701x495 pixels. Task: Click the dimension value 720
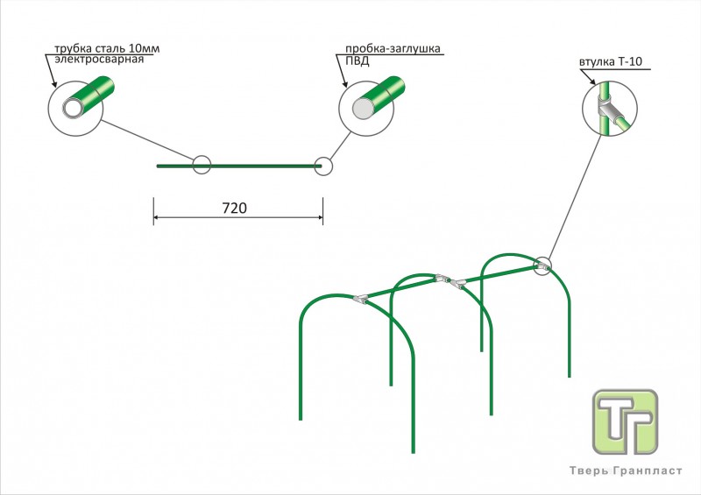[234, 208]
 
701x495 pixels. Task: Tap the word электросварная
[99, 60]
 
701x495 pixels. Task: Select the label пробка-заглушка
[393, 48]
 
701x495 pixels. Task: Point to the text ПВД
[358, 61]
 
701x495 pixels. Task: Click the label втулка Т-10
[611, 61]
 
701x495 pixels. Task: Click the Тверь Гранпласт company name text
[626, 470]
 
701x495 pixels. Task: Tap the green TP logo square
[625, 421]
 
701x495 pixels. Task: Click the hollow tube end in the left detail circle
[73, 109]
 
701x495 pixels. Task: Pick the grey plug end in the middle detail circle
[364, 109]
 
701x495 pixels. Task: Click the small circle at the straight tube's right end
[323, 166]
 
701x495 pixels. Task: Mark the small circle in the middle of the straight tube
[202, 165]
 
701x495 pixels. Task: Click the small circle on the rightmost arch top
[542, 266]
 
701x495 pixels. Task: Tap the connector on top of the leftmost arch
[360, 298]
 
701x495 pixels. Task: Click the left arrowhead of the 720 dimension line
[157, 218]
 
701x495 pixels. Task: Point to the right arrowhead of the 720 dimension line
[320, 218]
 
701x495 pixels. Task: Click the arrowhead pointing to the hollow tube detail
[54, 83]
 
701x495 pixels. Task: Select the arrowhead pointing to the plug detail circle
[344, 83]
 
